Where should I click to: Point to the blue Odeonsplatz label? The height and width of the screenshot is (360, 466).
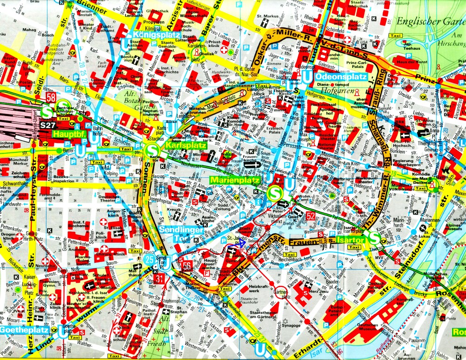340,77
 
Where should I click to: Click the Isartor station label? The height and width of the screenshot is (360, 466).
347,241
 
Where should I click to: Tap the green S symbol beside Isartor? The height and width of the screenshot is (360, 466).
374,239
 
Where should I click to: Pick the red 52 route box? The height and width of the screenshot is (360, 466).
311,215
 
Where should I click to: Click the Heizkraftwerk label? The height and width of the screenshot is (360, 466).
259,290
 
